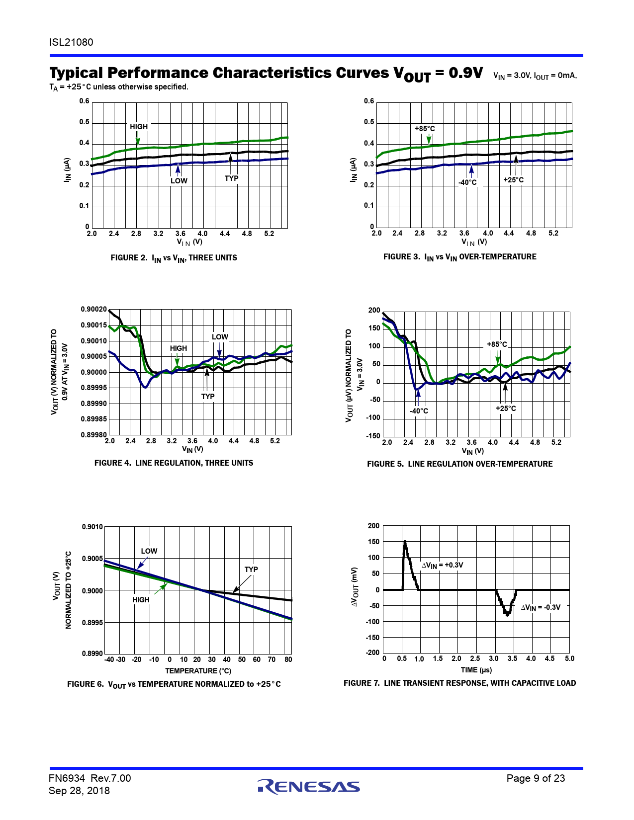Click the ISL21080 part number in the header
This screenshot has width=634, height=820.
coord(71,42)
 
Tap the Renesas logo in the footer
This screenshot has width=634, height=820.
coord(309,786)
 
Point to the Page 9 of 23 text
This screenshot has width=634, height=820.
coord(536,778)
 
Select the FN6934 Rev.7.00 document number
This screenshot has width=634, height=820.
coord(90,778)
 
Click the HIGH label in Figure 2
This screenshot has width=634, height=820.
coord(139,127)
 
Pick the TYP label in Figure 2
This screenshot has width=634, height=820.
coord(231,178)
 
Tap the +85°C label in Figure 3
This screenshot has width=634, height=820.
coord(425,129)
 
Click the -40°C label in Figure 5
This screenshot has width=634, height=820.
coord(419,411)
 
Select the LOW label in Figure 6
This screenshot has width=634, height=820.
coord(149,551)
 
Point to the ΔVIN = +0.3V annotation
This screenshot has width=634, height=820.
coord(442,565)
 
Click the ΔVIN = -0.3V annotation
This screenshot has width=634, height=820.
coord(541,607)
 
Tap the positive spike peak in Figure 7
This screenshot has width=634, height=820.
coord(405,542)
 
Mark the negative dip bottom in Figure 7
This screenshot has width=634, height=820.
coord(507,615)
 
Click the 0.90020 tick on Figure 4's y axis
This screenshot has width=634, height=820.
coord(93,310)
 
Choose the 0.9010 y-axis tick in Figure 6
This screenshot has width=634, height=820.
coord(92,527)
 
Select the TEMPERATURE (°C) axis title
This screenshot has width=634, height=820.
coord(198,671)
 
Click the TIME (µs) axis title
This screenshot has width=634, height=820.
coord(476,670)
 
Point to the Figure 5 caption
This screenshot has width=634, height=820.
coord(459,464)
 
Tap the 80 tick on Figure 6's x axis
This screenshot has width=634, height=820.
coord(288,659)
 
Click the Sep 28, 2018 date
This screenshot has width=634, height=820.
coord(79,791)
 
